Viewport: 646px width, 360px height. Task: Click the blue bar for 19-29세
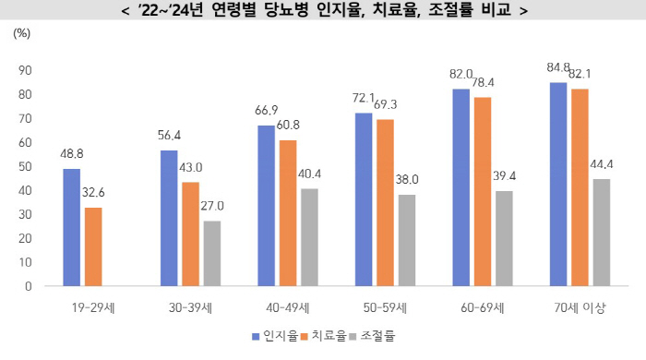click(72, 227)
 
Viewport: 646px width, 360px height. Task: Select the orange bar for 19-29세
click(93, 246)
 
